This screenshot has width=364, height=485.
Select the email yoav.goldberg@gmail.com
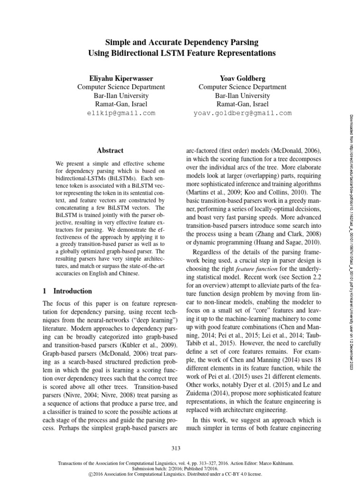tap(242, 113)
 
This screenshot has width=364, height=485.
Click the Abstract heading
tap(110, 151)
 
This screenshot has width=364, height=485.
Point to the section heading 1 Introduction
tap(67, 291)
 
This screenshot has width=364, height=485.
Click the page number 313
tap(182, 448)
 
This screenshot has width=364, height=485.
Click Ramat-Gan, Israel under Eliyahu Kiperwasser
tap(121, 104)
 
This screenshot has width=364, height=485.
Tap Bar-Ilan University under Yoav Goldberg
tap(242, 95)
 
